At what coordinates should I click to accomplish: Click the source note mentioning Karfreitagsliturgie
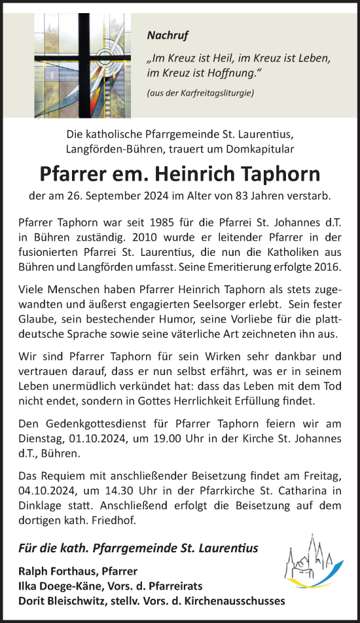(200, 93)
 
